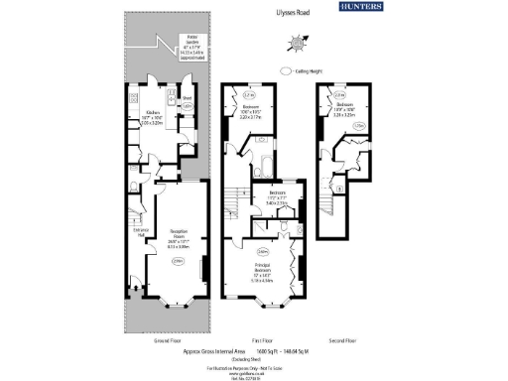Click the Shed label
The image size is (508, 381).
click(186, 98)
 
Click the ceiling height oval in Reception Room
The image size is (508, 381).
click(179, 261)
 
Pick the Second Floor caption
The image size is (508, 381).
click(340, 340)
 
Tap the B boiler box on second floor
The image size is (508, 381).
click(340, 187)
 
